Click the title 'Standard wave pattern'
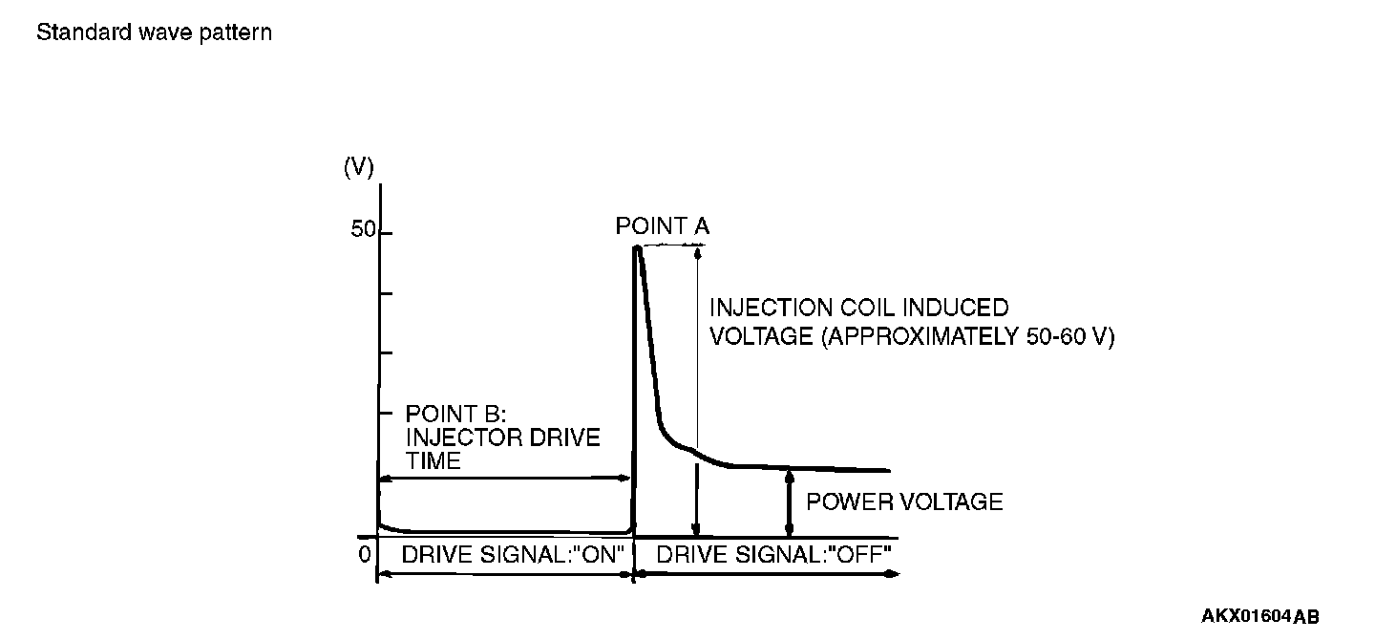coord(154,32)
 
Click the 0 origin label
coord(364,554)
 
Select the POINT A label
coord(663,226)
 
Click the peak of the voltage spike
coord(636,248)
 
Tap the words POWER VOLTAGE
coord(904,501)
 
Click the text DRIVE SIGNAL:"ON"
coord(513,554)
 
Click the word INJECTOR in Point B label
coord(464,437)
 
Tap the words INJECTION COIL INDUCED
coord(858,309)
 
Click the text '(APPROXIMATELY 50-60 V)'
coord(966,337)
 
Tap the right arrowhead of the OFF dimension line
coord(892,574)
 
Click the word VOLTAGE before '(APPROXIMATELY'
coord(759,337)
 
